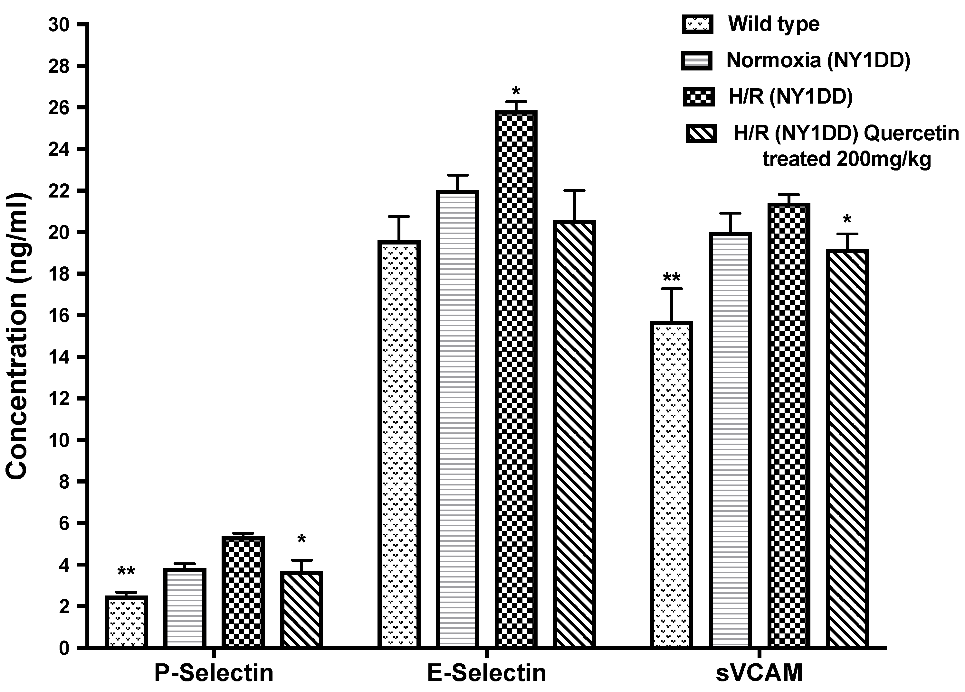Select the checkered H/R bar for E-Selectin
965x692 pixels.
pyautogui.click(x=516, y=378)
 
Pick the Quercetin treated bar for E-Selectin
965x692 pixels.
pyautogui.click(x=574, y=434)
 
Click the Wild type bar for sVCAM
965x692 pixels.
pyautogui.click(x=672, y=484)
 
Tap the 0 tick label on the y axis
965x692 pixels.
pyautogui.click(x=64, y=648)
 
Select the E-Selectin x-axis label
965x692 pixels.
pyautogui.click(x=486, y=673)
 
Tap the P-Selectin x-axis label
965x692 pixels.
pyautogui.click(x=214, y=673)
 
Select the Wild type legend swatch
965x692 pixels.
pyautogui.click(x=696, y=24)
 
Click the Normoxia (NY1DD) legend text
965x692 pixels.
pyautogui.click(x=818, y=60)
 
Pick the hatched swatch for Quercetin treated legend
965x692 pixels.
pyautogui.click(x=701, y=134)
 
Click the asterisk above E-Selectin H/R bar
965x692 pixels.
pyautogui.click(x=516, y=90)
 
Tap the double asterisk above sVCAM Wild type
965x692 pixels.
pyautogui.click(x=672, y=278)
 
